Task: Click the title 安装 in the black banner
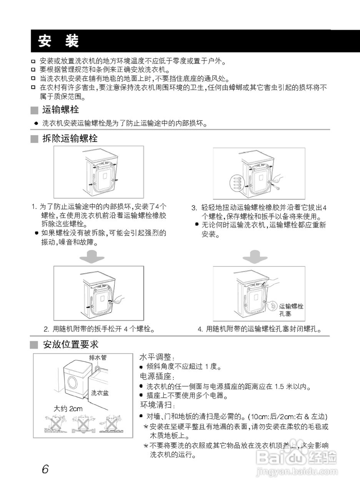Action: [x=58, y=41]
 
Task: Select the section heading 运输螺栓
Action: [x=60, y=110]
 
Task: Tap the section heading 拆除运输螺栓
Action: [x=70, y=139]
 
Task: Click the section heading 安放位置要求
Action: [x=70, y=345]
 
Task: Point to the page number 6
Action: [x=45, y=469]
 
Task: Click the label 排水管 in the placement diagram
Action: [x=98, y=357]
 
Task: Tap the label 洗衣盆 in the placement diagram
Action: [x=100, y=393]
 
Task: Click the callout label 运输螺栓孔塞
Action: [x=291, y=310]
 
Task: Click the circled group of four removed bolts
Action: [x=237, y=181]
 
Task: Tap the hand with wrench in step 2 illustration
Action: [x=119, y=299]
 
